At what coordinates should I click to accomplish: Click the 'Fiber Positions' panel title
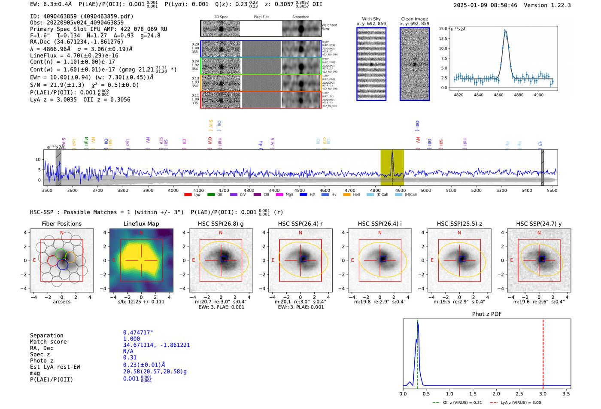coord(61,224)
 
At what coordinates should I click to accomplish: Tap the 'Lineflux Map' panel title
coord(141,224)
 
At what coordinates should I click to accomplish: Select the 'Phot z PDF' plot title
coord(487,314)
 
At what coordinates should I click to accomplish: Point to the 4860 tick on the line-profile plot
coord(498,95)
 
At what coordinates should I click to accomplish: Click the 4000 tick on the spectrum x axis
coord(173,190)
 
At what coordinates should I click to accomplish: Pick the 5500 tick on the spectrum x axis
coord(552,190)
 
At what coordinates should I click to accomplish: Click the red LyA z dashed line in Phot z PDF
coord(543,352)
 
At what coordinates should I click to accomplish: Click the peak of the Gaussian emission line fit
coord(505,30)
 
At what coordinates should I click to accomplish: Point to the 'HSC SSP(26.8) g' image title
coord(221,224)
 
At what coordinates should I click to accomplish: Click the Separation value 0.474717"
coord(138,333)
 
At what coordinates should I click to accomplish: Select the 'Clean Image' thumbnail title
coord(414,19)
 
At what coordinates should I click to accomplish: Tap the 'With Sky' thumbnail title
coord(371,19)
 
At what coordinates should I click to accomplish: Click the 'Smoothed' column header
coord(300,17)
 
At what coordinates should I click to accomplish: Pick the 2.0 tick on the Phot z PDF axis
coord(496,394)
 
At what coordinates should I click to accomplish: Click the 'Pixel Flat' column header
coord(261,17)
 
